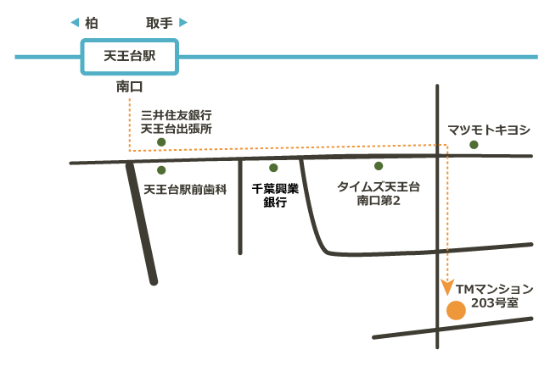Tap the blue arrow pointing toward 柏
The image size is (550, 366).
[75, 23]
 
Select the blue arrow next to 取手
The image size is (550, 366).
[183, 23]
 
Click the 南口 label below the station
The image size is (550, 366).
[129, 86]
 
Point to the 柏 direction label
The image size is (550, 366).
[91, 23]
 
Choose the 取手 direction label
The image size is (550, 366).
[160, 23]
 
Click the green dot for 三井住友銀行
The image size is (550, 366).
[161, 142]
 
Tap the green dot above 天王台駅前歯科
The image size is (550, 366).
[161, 170]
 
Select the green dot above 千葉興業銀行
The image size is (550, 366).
[273, 168]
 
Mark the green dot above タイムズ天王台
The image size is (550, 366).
[379, 166]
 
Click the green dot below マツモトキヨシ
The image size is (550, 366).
[474, 145]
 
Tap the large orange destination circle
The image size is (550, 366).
[456, 310]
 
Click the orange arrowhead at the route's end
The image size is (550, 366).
[447, 287]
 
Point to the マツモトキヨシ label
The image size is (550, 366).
[489, 130]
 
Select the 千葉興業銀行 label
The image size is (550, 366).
[275, 196]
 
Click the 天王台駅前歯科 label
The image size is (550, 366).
[185, 190]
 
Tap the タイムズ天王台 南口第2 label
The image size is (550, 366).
[379, 193]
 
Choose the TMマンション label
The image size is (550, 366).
[495, 289]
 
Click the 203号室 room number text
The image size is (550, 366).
[495, 303]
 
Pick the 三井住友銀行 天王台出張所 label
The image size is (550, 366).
[177, 122]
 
